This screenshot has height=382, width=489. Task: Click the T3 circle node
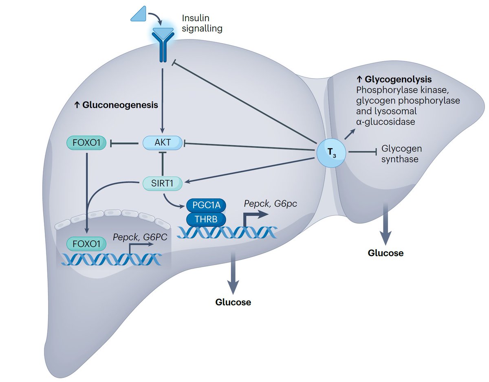point(331,153)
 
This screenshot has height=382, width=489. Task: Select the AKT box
point(163,143)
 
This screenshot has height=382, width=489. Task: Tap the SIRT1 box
point(163,184)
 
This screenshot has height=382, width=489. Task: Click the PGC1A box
point(206,205)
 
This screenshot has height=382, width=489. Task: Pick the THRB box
point(206,219)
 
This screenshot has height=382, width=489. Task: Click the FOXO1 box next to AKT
point(86,143)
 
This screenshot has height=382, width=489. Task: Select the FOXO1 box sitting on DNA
point(86,244)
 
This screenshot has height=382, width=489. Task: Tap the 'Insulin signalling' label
point(202,23)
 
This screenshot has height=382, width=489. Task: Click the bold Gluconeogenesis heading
point(116,105)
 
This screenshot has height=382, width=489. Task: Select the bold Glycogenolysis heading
point(394,79)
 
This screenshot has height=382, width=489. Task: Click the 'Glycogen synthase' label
point(402,154)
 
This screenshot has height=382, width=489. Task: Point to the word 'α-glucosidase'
point(385,122)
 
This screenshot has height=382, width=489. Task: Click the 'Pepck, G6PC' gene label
point(140,237)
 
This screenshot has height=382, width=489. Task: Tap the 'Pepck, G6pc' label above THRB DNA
point(270,204)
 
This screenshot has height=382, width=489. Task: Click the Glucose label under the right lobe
point(385,253)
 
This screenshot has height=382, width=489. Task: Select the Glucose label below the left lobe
point(233,302)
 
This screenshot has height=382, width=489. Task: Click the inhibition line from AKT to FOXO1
point(124,143)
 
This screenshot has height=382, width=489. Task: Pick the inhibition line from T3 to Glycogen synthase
point(363,152)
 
